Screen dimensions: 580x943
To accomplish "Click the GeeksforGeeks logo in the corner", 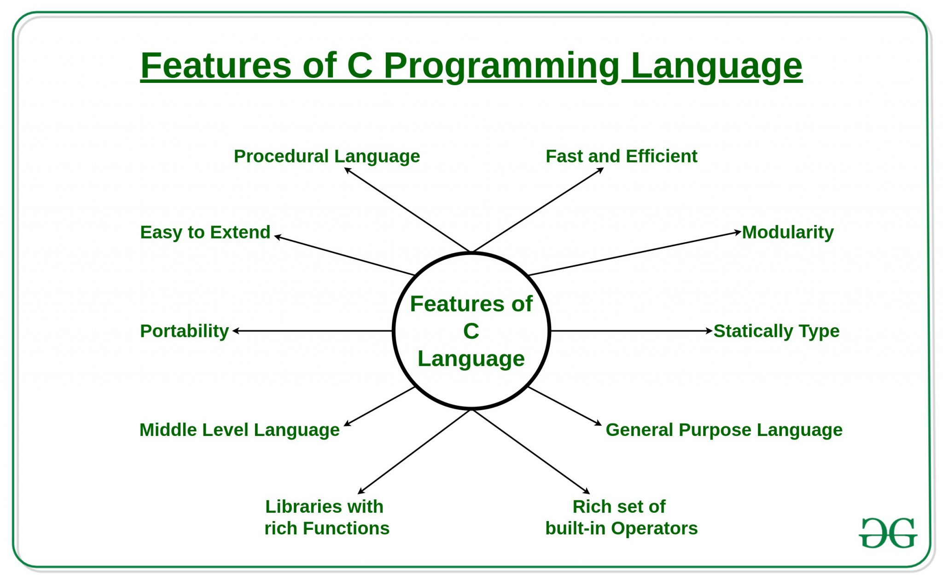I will (x=888, y=534).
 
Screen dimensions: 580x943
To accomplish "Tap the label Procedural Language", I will (x=326, y=157).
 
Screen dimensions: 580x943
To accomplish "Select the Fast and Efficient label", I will (x=621, y=157).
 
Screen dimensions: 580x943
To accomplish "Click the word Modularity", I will (x=787, y=232).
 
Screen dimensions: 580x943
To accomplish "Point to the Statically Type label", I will (x=776, y=331).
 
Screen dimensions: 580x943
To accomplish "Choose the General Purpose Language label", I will (x=724, y=430).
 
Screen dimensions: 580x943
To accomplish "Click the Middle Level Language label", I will (x=239, y=430).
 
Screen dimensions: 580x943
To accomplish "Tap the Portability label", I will (x=184, y=331).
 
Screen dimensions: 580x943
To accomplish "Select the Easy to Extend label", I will (x=205, y=232).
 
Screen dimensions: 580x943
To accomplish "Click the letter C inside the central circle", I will (x=471, y=331).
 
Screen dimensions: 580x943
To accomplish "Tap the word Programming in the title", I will (x=502, y=66).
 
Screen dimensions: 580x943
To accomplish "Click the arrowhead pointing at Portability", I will (x=236, y=331).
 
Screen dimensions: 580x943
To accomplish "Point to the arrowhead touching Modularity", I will (x=738, y=232).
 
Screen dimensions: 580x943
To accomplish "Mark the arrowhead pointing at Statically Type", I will (x=710, y=331).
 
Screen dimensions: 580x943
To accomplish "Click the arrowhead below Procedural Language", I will (x=348, y=170).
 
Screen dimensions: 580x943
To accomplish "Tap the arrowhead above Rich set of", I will (x=587, y=492).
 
